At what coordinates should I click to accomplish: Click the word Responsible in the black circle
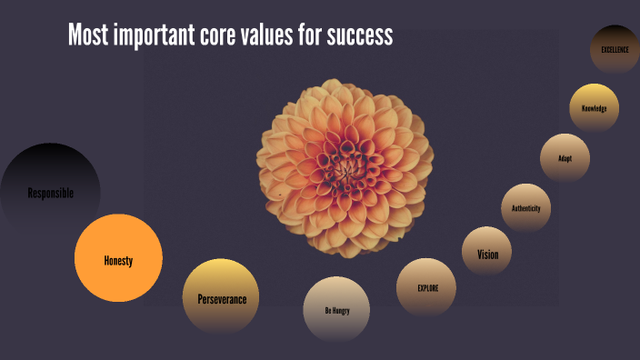(50, 193)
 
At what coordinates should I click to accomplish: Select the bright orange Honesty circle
(118, 258)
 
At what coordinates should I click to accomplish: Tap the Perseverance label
(222, 298)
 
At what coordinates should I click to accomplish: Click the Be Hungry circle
(336, 309)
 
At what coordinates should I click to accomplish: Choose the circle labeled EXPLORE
(426, 288)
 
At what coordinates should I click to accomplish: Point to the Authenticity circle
(526, 208)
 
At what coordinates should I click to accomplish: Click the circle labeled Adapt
(565, 158)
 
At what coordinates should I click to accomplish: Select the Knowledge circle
(595, 109)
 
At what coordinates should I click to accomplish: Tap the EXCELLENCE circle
(615, 49)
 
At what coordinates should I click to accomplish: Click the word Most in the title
(86, 35)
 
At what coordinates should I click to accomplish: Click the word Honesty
(118, 261)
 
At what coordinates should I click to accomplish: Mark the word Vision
(488, 255)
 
